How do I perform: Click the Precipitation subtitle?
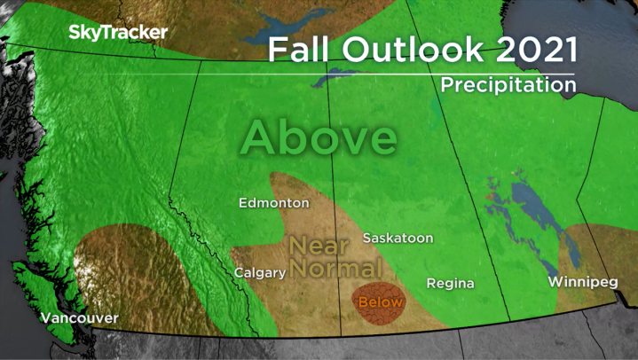coord(508,85)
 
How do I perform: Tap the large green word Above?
coord(318,137)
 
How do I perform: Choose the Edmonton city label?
coord(274,203)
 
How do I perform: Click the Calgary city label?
coord(259,273)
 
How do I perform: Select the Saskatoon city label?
coord(398,239)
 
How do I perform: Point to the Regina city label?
coord(450,284)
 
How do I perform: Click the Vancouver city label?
coord(79,318)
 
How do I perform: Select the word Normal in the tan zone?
coord(334,267)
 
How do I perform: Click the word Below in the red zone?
coord(380,302)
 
